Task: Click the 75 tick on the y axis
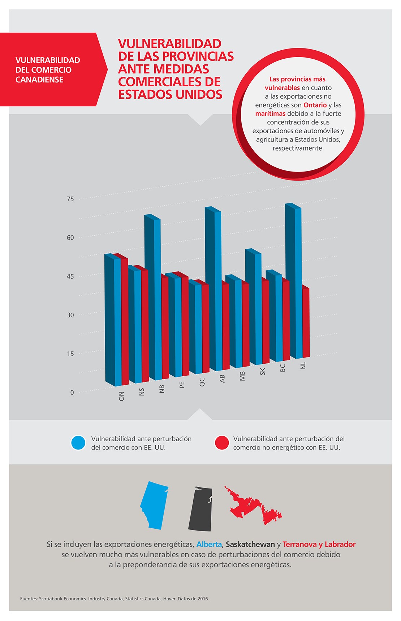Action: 70,199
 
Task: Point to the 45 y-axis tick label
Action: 70,276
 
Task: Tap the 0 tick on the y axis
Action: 72,393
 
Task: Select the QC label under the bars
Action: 202,382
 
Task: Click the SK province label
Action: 263,371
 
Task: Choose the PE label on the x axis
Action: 182,385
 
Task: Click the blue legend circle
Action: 78,443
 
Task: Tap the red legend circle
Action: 222,443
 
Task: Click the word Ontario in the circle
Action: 315,105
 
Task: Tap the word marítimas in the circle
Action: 270,114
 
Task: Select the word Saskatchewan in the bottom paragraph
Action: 250,544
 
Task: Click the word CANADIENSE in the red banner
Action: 39,80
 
